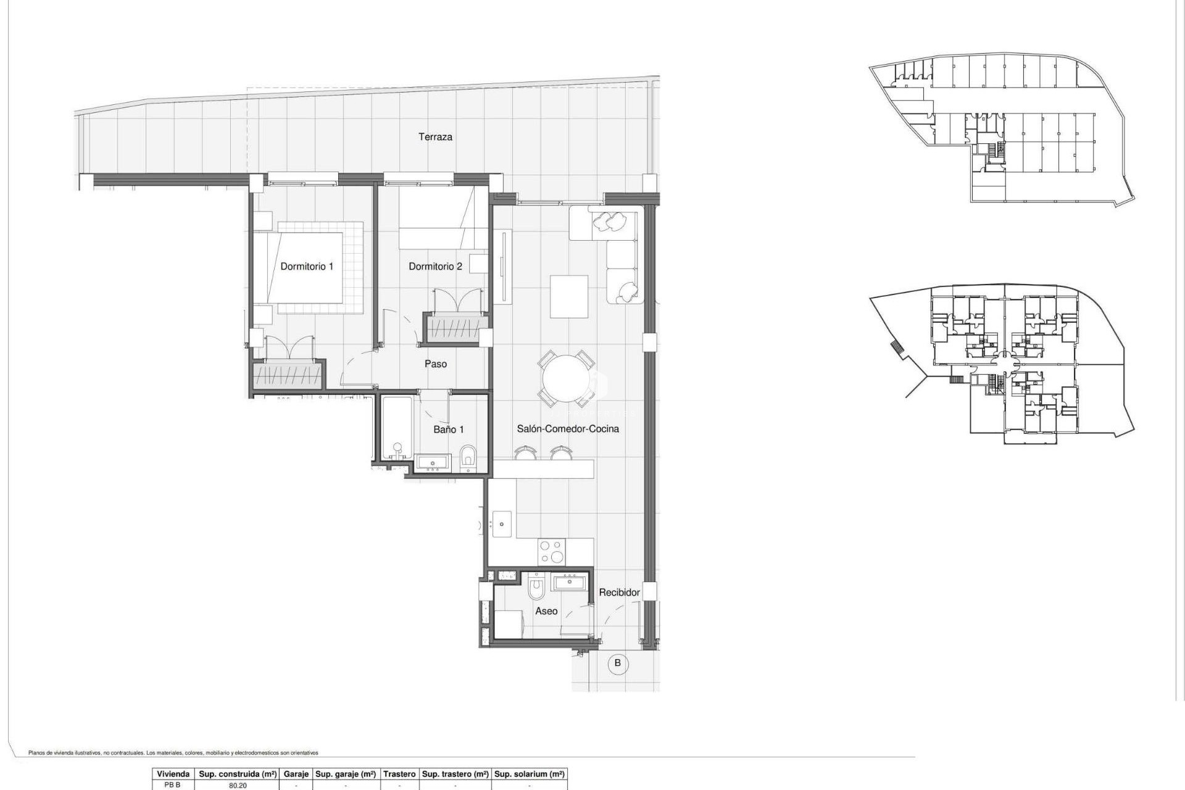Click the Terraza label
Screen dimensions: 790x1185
coord(435,137)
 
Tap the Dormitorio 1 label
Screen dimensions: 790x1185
coord(307,267)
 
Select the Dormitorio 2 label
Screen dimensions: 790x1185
coord(435,267)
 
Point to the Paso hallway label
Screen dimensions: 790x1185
coord(435,364)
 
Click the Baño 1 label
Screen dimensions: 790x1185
coord(448,430)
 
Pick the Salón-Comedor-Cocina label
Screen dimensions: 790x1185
coord(567,429)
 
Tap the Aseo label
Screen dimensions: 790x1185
coord(546,611)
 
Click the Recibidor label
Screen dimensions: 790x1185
coord(619,592)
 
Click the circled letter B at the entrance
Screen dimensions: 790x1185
coord(617,663)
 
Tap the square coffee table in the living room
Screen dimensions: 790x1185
coord(568,297)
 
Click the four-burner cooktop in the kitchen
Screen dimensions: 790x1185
coord(551,552)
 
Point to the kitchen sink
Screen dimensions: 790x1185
coord(501,525)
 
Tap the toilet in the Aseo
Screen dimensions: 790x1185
coord(536,588)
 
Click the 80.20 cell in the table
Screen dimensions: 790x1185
coord(238,786)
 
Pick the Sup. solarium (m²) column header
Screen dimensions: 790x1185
coord(530,774)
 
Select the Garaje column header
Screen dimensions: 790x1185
coord(296,774)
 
